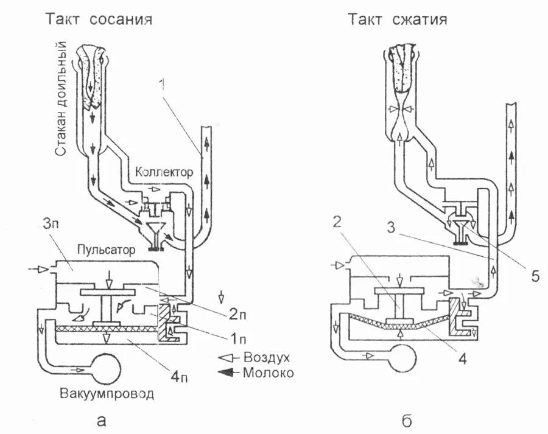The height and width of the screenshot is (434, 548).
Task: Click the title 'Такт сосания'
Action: point(99,19)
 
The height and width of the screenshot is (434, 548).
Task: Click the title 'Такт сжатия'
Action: point(398,19)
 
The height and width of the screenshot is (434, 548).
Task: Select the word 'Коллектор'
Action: point(164,172)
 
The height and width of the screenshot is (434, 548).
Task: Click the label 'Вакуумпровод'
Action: point(107,393)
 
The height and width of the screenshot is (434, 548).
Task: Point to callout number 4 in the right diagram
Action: point(462,360)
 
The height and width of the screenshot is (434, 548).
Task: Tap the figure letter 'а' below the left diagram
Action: point(103,419)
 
